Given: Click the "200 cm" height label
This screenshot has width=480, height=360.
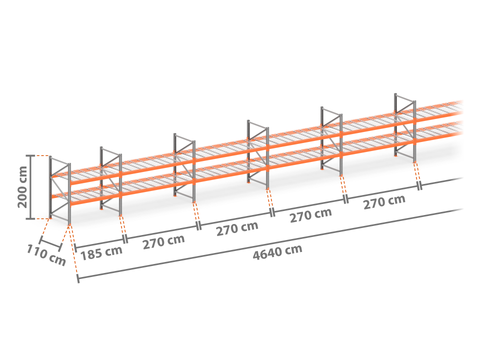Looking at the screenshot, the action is [22, 187].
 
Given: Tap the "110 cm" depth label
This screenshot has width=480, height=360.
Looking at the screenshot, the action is [46, 255].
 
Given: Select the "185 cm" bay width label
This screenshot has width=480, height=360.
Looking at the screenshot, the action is [101, 252].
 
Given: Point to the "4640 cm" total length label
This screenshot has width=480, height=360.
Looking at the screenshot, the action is [277, 252].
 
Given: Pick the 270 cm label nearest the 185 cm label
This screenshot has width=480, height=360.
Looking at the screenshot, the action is [164, 241].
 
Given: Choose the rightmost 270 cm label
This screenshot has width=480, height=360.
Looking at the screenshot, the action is [384, 202].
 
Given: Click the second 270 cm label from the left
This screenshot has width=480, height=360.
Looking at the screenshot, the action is [237, 228].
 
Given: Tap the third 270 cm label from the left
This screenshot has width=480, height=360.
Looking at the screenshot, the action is [311, 215].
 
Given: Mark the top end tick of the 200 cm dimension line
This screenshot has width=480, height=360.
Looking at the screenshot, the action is [30, 156].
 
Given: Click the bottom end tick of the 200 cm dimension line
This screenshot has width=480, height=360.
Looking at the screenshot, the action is [30, 219].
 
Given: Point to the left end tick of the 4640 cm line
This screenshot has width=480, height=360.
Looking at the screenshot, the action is [78, 279].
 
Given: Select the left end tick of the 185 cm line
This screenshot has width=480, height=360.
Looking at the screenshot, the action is [76, 248].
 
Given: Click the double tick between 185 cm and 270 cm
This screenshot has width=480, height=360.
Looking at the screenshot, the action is [125, 239].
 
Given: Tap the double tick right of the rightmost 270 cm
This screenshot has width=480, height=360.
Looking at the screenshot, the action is [420, 186].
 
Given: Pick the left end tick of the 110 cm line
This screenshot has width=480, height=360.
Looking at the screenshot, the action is [41, 240].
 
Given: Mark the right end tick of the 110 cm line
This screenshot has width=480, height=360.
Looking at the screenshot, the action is [60, 247].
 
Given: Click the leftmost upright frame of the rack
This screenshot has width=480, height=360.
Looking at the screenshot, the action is [60, 190].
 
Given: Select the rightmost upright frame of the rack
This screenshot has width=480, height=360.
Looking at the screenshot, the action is [405, 128].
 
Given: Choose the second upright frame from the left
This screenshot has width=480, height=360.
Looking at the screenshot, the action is [111, 181].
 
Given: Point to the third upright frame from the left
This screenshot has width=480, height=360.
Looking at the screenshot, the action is [184, 168].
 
